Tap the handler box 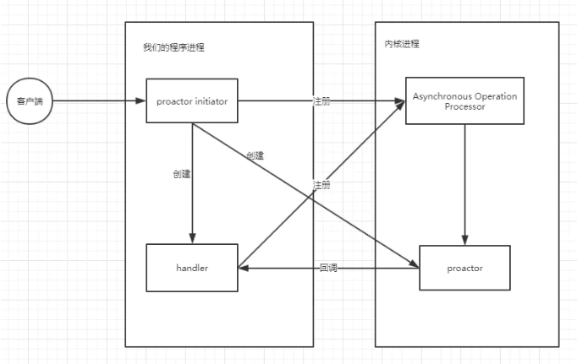(x=192, y=268)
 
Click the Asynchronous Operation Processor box (x=464, y=101)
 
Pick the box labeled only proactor (x=464, y=268)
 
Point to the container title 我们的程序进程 (x=173, y=47)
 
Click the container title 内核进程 (x=401, y=44)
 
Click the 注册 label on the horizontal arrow (x=321, y=101)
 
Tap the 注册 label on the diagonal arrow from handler (x=321, y=185)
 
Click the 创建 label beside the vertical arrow (x=181, y=174)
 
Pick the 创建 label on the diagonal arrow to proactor (x=255, y=155)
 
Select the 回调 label (x=329, y=268)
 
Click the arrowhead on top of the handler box (x=192, y=239)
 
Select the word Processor (x=464, y=107)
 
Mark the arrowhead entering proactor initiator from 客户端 (x=141, y=101)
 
